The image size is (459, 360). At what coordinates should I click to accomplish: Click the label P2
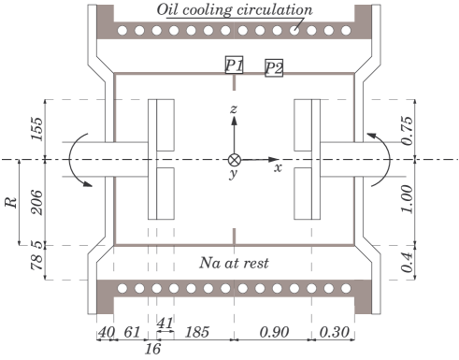(x=274, y=67)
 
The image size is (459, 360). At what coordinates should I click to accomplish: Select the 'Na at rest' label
(x=234, y=264)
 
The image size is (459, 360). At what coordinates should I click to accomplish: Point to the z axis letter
(x=234, y=111)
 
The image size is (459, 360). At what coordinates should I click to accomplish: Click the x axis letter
(x=277, y=169)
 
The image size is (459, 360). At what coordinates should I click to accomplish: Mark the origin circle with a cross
(x=234, y=159)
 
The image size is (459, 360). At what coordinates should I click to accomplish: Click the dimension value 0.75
(x=407, y=128)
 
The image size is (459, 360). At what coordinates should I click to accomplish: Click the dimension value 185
(x=197, y=330)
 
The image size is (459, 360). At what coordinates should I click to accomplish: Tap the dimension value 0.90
(x=273, y=330)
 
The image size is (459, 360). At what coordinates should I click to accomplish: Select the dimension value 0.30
(x=333, y=330)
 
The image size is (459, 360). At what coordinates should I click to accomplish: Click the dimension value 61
(x=133, y=330)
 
